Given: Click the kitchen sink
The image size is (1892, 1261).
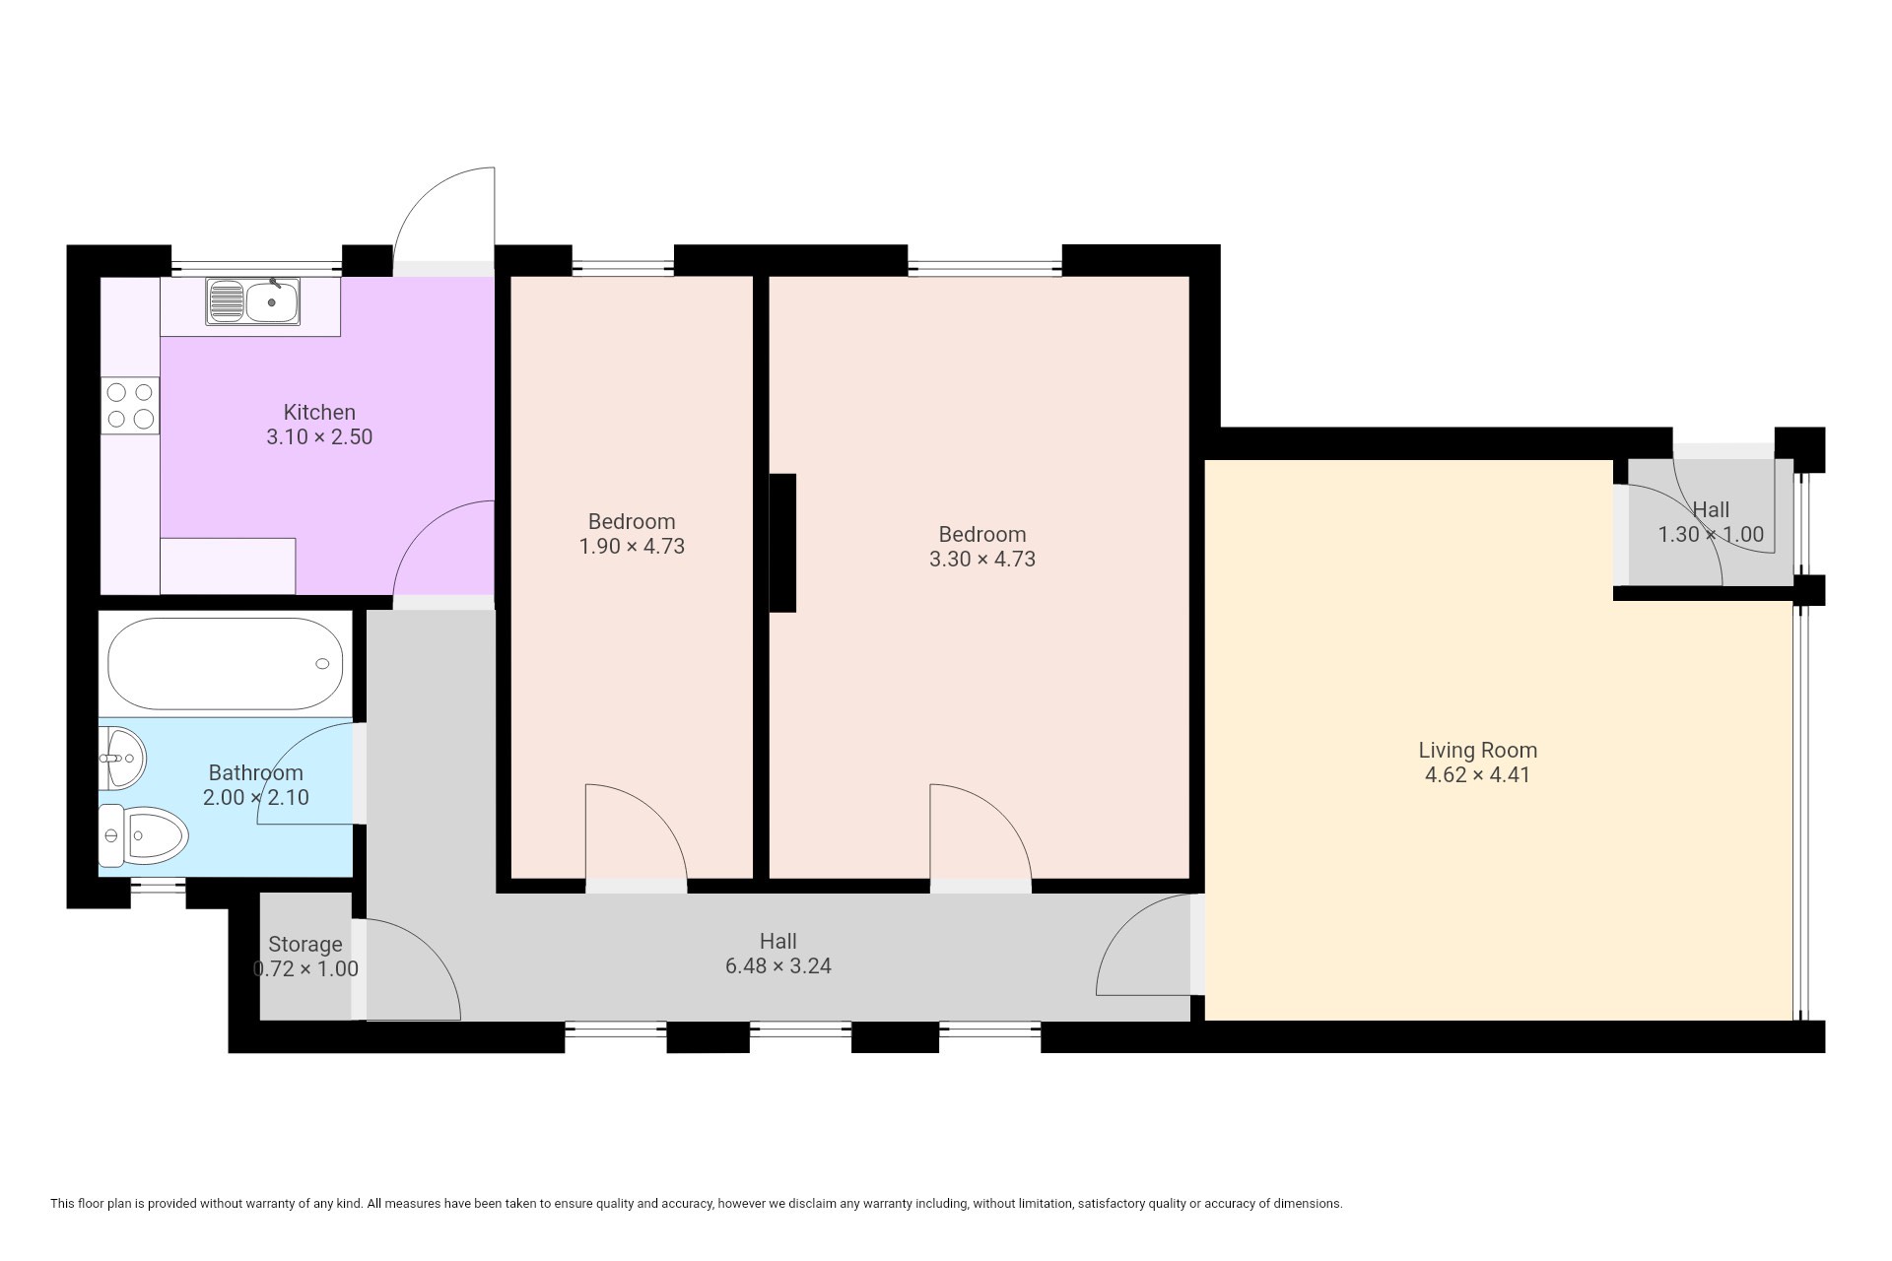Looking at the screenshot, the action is point(253,301).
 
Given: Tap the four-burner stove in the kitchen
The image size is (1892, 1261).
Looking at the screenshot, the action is point(130,405).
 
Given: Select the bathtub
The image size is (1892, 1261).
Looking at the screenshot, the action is point(226,664).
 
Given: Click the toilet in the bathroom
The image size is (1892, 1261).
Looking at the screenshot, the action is point(143,836).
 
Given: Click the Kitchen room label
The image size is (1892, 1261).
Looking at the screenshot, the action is point(319,412).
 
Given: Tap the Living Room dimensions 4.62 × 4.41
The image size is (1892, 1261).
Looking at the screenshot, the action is point(1477,775).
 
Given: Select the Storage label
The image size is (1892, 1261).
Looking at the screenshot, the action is point(305,944).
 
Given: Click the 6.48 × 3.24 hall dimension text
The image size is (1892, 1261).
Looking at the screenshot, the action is point(778,966).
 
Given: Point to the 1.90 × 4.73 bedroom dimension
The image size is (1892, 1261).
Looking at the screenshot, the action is point(632,547).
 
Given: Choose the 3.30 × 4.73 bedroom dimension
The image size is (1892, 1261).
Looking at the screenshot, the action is point(982,560).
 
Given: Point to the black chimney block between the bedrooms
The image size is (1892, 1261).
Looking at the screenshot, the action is point(782,543).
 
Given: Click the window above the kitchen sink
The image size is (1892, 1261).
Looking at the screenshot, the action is point(256,266).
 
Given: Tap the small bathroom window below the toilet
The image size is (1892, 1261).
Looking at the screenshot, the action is point(158,888).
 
